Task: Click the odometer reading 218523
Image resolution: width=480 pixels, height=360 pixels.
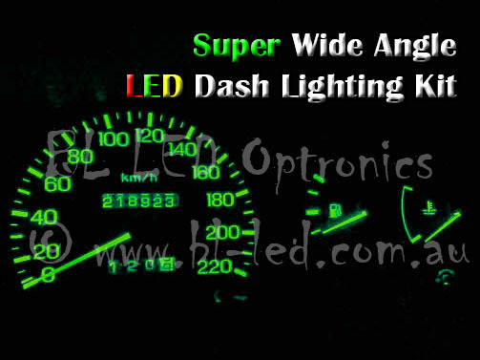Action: [139, 203]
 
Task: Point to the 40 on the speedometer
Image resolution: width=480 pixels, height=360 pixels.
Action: [43, 215]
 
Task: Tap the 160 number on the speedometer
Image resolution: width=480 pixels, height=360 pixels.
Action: [204, 173]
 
